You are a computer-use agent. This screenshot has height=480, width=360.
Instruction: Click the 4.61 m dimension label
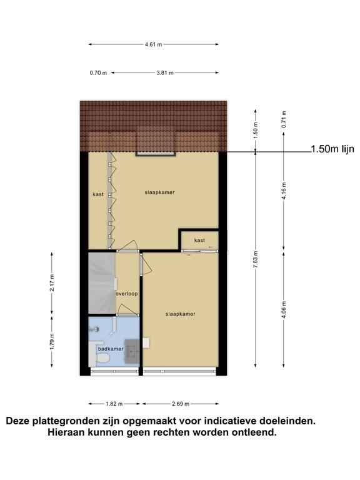154,44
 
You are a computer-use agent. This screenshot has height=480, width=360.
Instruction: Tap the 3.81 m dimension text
165,73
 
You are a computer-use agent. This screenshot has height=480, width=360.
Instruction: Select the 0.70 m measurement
98,73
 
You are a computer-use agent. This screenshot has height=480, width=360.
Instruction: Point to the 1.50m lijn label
332,149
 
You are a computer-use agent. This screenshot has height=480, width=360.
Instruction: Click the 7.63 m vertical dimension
256,259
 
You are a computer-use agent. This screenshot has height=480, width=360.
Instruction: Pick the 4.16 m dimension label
284,191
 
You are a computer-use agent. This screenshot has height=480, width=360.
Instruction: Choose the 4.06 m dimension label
284,309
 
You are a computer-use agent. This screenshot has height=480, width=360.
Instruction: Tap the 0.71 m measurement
284,119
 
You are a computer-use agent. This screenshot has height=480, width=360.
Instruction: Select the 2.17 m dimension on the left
52,283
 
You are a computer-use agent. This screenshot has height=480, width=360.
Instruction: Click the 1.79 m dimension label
52,341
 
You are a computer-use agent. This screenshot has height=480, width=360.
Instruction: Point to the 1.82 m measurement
114,404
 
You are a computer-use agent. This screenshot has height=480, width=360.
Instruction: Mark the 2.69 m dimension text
180,404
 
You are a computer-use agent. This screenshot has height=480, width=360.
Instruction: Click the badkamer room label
111,349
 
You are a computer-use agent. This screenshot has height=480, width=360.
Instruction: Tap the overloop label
126,294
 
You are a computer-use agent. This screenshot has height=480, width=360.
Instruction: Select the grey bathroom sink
132,351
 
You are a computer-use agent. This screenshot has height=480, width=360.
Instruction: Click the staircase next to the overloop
102,283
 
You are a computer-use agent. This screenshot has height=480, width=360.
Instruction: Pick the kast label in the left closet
98,194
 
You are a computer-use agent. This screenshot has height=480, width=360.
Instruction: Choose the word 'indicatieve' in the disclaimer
229,421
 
